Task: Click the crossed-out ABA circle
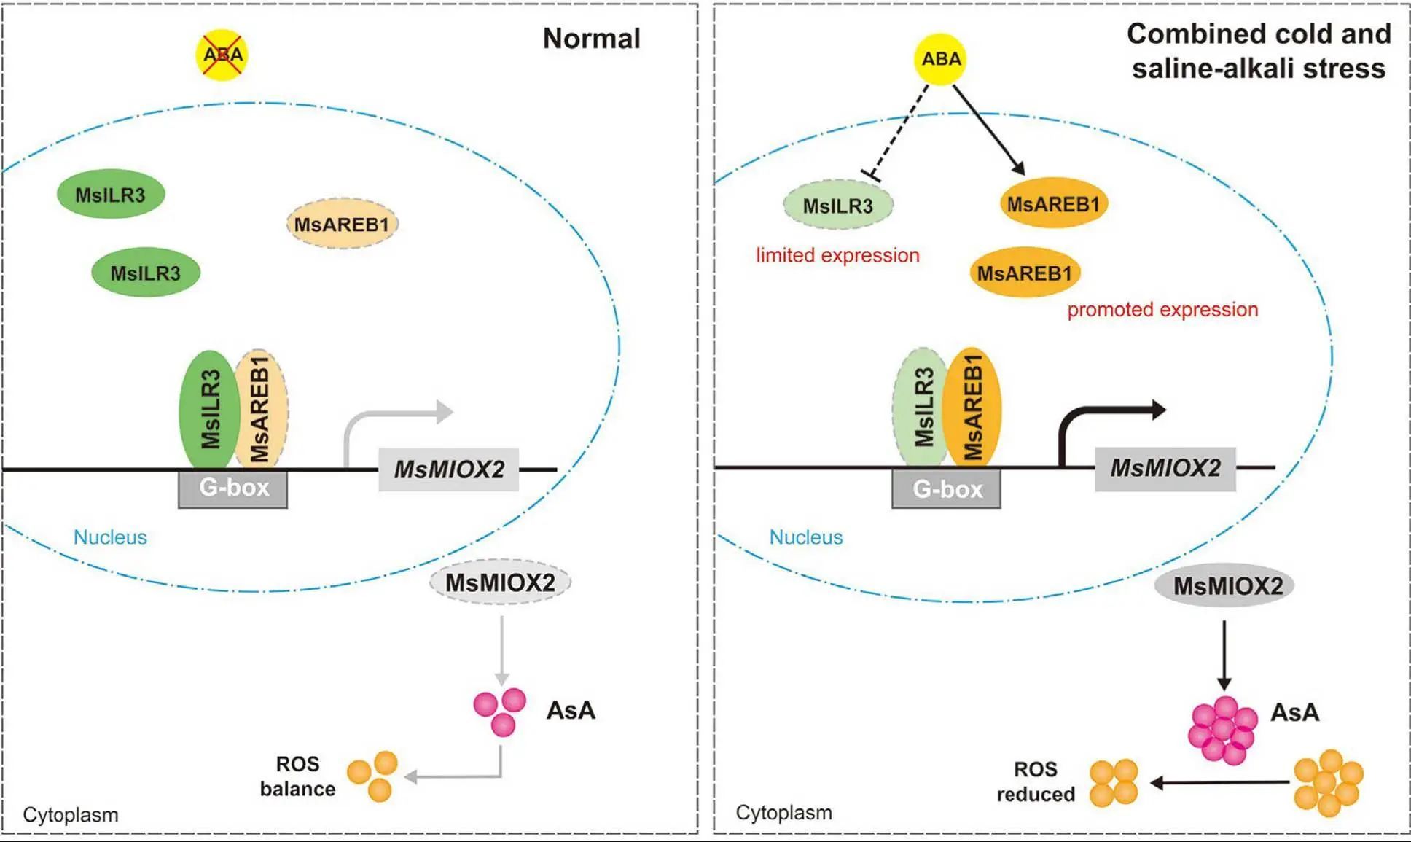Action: tap(223, 55)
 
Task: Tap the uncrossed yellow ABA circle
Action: tap(940, 59)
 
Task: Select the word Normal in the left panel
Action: tap(591, 39)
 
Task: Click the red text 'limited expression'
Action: tap(837, 255)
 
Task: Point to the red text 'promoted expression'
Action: tap(1162, 310)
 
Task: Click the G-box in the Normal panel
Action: tap(233, 488)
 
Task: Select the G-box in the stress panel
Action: tap(946, 488)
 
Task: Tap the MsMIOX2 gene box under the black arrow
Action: tap(1165, 468)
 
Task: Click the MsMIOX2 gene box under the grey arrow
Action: tap(449, 469)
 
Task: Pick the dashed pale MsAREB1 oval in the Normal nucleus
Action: tap(342, 224)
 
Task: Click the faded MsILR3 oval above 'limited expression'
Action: tap(838, 206)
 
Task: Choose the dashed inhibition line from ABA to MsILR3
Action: tap(902, 128)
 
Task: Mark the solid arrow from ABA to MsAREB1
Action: tap(988, 128)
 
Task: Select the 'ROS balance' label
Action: tap(297, 776)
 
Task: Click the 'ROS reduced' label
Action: tap(1035, 781)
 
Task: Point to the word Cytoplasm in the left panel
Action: tap(71, 814)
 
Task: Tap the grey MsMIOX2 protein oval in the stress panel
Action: tap(1227, 585)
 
